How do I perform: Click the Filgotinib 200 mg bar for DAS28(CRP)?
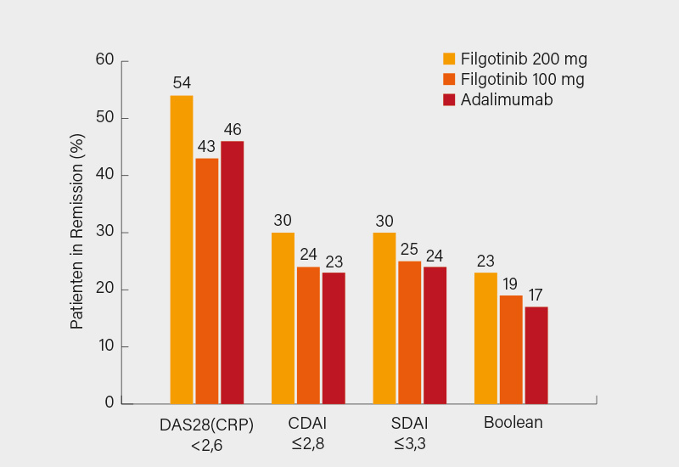click(182, 249)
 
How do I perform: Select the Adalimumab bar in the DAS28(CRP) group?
click(232, 272)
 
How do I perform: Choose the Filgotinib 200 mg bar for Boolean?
click(485, 337)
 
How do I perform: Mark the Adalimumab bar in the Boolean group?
click(536, 354)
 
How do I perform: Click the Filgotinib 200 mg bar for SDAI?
click(384, 318)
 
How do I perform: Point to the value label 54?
click(182, 83)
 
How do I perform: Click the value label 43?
click(206, 146)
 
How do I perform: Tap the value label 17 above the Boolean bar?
click(536, 295)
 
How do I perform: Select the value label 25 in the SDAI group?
click(409, 249)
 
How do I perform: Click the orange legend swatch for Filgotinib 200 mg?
click(449, 59)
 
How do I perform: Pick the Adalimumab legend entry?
click(507, 100)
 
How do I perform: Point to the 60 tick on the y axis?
click(104, 60)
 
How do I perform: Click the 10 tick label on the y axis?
click(104, 346)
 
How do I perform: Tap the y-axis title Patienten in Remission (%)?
click(77, 231)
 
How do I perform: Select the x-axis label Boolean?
click(513, 422)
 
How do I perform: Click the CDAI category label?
click(308, 422)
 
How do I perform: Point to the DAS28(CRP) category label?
click(206, 424)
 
